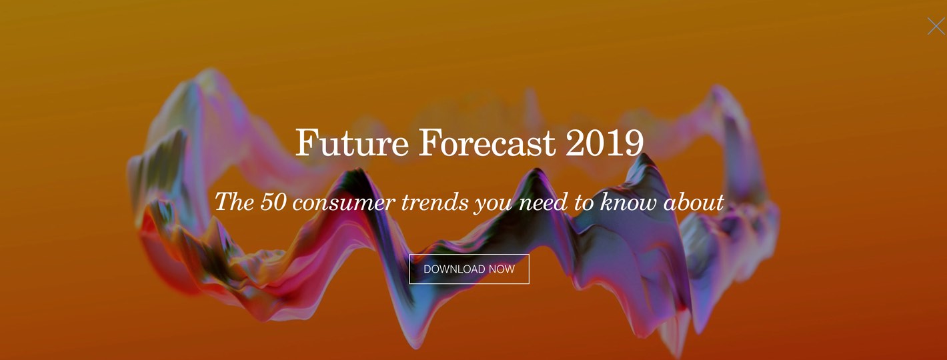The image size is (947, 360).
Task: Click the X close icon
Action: click(936, 26)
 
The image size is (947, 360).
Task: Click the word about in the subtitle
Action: click(694, 201)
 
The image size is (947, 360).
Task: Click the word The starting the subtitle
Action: click(233, 201)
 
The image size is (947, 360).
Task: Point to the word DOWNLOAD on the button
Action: click(454, 269)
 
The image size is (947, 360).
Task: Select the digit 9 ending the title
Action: click(634, 142)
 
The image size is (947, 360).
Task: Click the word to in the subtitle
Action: click(584, 201)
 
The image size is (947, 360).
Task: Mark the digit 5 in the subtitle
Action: click(266, 201)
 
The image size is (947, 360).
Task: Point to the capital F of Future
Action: click(305, 142)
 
